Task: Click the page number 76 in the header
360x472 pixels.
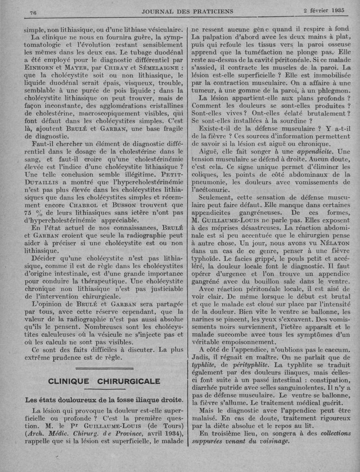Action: point(32,12)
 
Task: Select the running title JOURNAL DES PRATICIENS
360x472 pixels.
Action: point(187,11)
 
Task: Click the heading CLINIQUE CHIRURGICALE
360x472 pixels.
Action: point(104,381)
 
